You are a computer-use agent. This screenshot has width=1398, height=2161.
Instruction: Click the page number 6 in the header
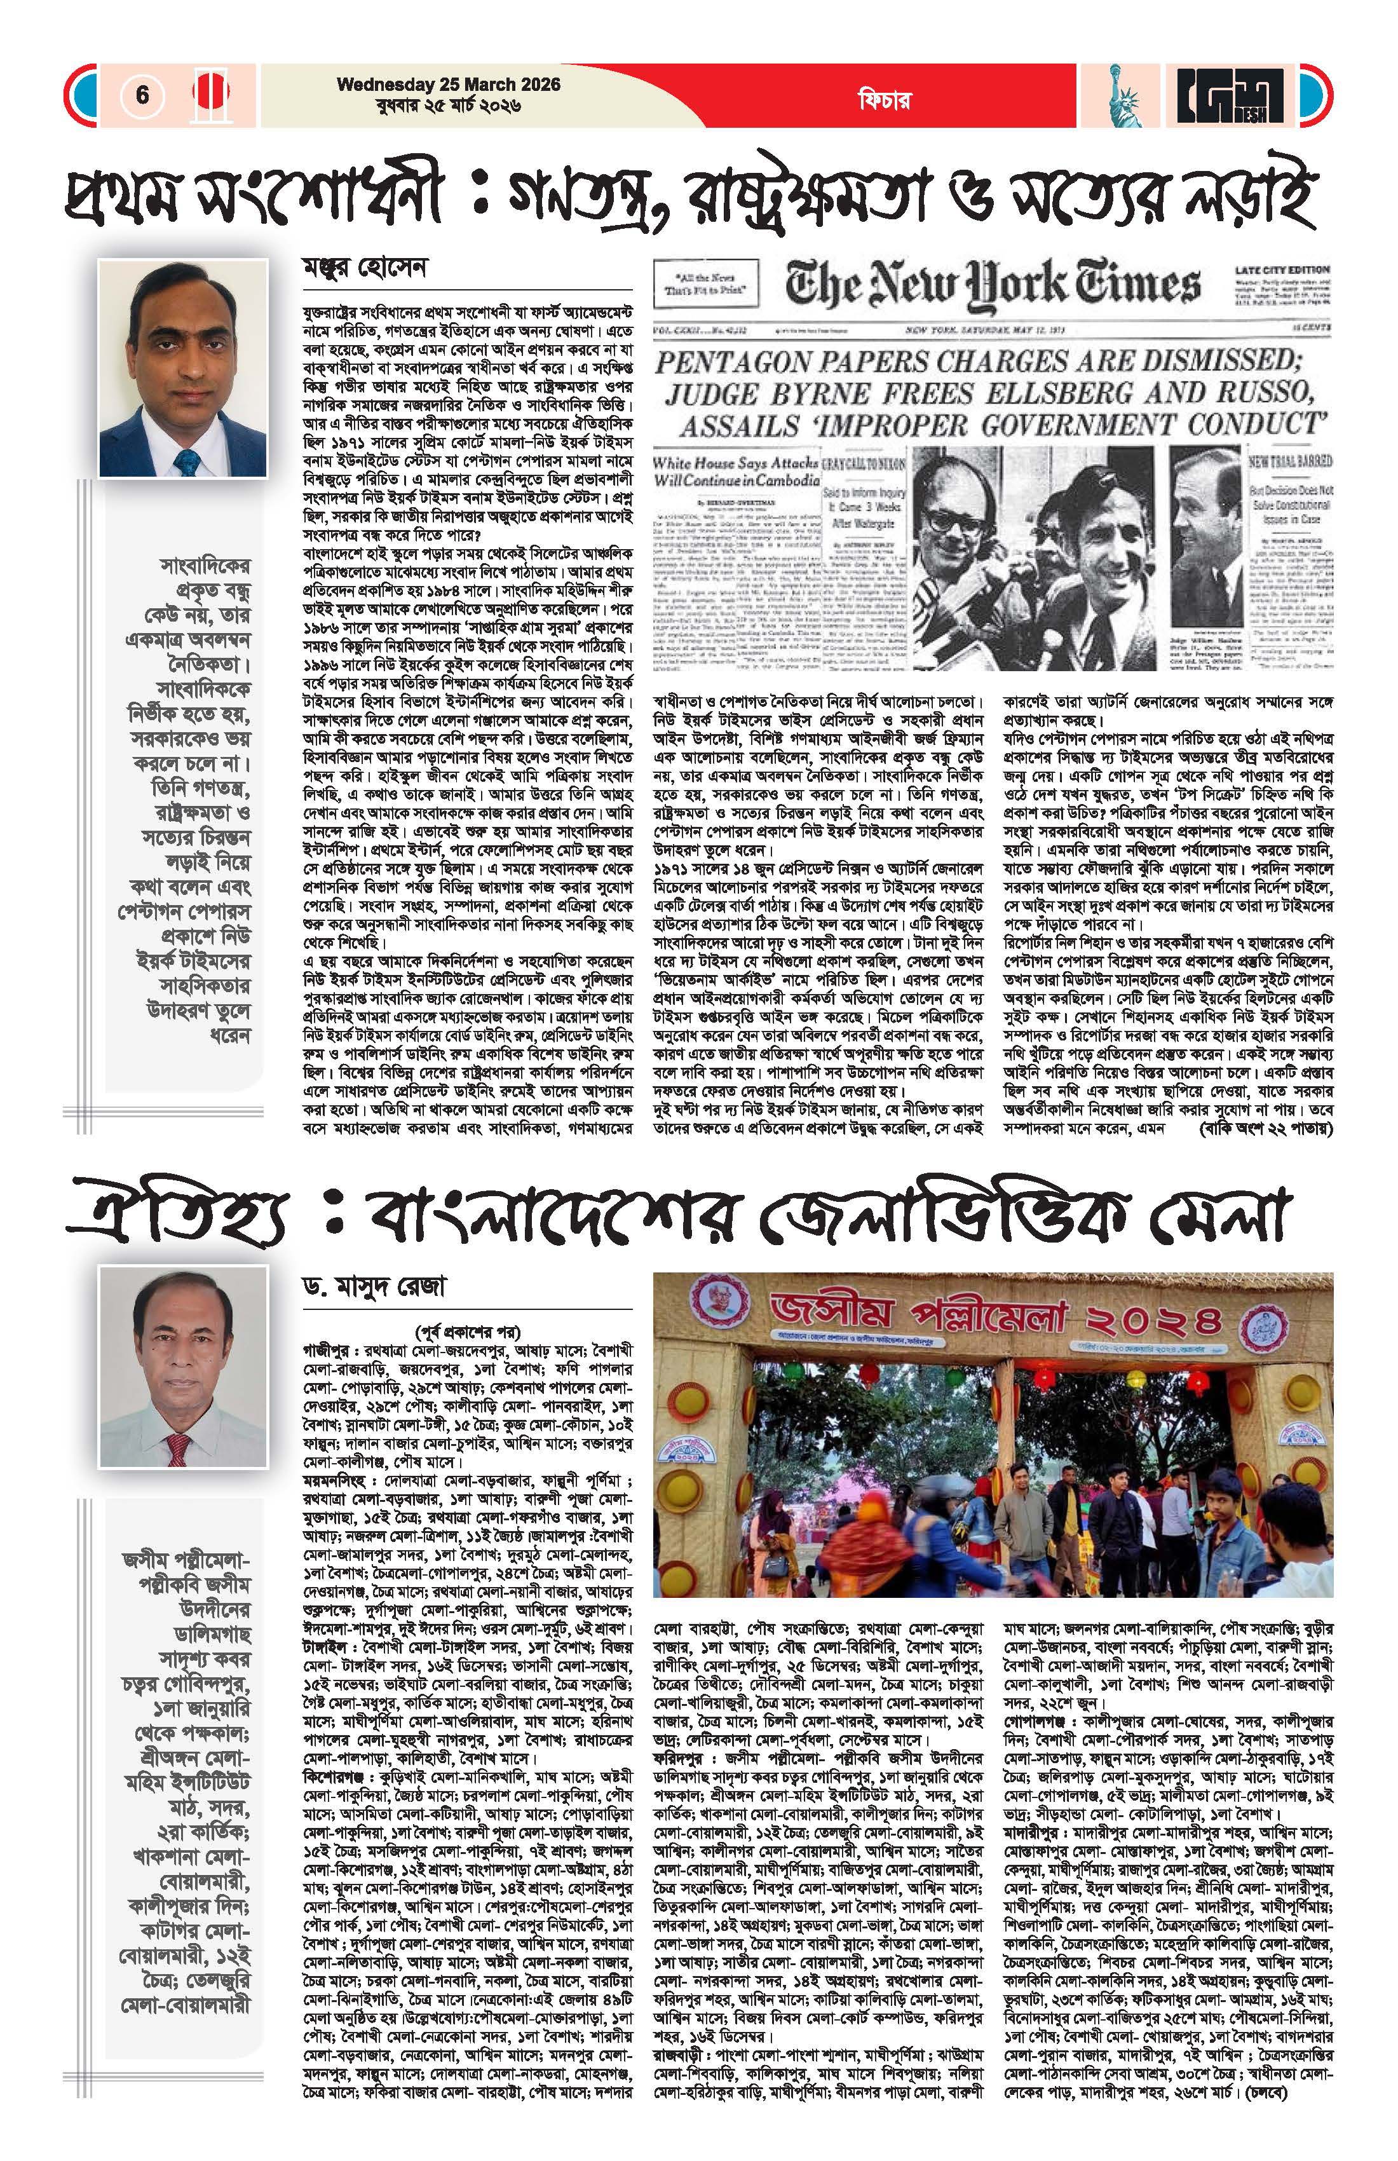coord(142,95)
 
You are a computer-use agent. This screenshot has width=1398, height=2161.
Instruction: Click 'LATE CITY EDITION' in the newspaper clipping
coord(1281,269)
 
